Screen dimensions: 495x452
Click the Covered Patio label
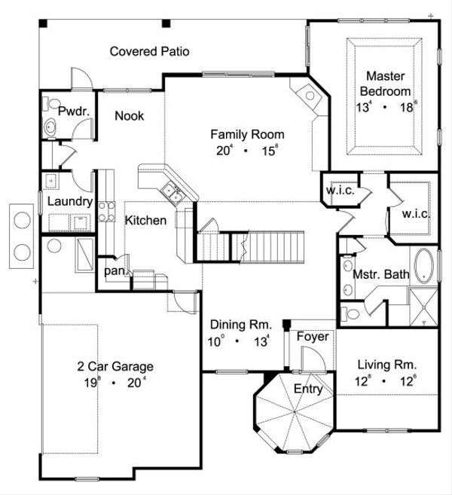[149, 52]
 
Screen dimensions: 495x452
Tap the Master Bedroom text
[386, 83]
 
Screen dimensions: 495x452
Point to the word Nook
[129, 116]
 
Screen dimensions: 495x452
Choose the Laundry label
[69, 202]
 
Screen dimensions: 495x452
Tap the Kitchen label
[145, 221]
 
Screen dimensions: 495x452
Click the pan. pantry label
[115, 269]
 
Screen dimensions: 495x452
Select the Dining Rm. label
[238, 325]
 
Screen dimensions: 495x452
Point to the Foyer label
[311, 336]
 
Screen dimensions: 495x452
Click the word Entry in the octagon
[308, 390]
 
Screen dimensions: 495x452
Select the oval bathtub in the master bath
[425, 265]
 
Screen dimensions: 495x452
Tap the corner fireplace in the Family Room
[308, 96]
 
